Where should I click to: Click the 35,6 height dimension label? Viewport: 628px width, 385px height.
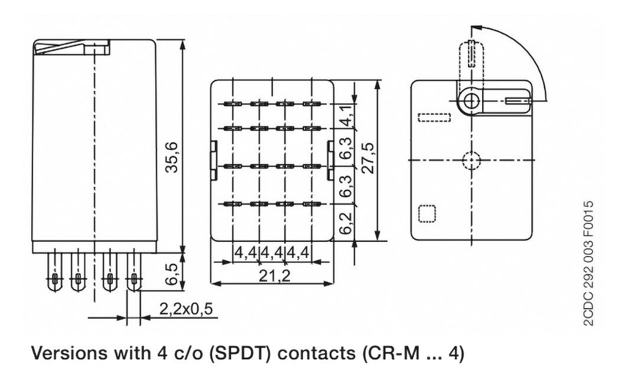coord(173,157)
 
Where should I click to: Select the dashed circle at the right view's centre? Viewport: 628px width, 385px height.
coord(471,160)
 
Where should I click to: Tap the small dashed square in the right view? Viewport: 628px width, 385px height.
coord(426,213)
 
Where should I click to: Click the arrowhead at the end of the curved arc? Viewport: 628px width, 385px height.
coord(475,28)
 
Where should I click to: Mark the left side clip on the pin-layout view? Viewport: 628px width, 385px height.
coord(213,160)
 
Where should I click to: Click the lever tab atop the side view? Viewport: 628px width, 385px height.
coord(72,47)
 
